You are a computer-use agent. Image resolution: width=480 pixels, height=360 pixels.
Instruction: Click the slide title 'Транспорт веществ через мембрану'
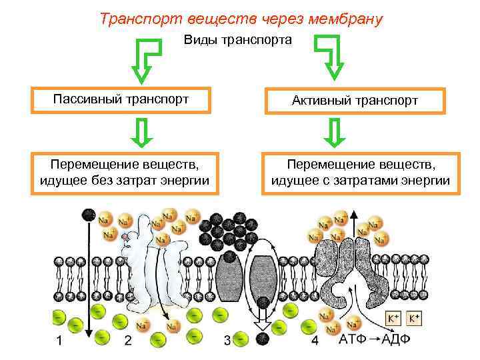[241, 18]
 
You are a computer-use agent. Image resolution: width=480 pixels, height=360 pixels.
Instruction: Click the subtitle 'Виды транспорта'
[237, 40]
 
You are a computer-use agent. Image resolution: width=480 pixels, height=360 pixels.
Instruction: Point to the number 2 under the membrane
[128, 341]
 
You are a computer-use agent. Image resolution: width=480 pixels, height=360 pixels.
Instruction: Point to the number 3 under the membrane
[227, 341]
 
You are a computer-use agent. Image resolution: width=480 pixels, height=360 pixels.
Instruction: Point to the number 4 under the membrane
[315, 341]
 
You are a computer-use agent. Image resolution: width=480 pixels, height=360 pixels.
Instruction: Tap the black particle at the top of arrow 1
[88, 214]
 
